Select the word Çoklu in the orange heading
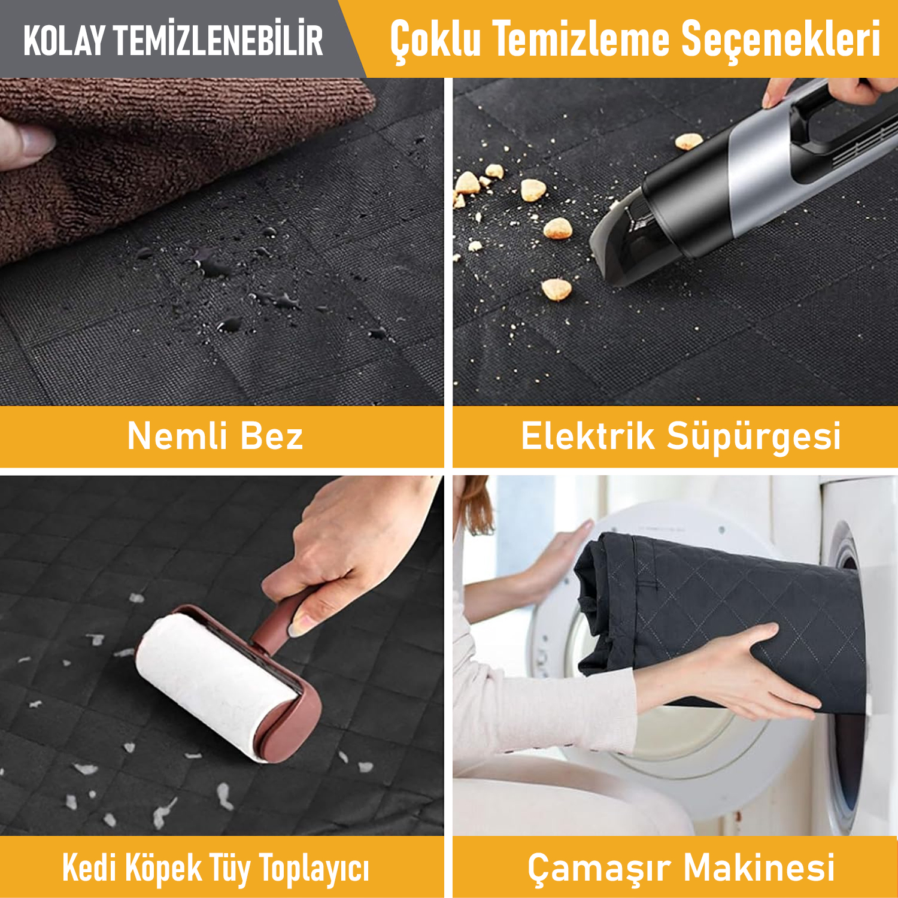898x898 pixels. [435, 39]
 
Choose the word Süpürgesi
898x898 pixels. [754, 437]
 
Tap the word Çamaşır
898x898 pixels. [599, 868]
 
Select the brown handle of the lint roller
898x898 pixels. [281, 623]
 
